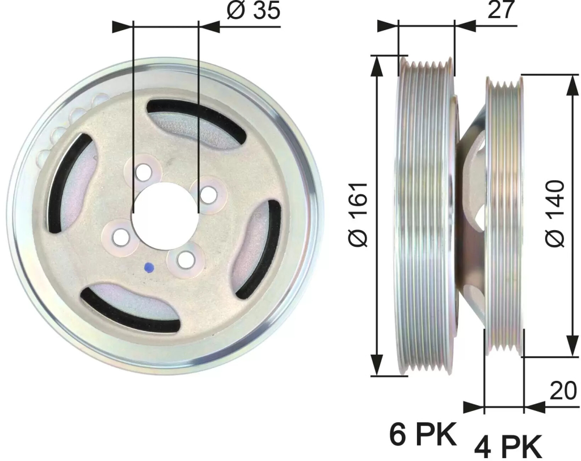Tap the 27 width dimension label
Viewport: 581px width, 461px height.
502,10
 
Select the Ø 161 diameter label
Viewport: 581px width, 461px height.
358,214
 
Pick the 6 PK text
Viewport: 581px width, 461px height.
423,434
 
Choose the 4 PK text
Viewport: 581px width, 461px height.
508,447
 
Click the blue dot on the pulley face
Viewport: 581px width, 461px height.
149,267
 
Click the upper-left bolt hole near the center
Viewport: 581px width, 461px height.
144,173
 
